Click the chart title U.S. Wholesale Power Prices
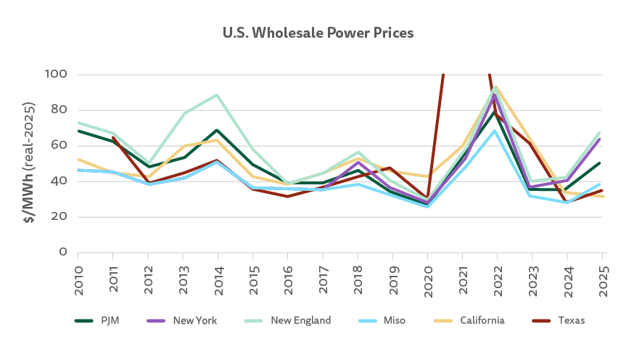[x=317, y=33]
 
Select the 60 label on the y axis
[x=60, y=146]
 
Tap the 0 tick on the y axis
[x=64, y=253]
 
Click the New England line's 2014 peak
[x=218, y=95]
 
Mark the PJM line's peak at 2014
[x=218, y=131]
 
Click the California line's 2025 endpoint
[x=602, y=197]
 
